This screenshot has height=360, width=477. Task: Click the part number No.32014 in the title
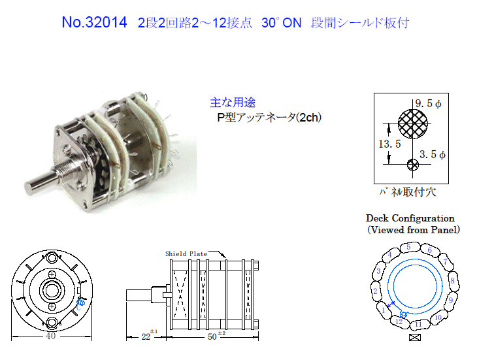[x=94, y=22]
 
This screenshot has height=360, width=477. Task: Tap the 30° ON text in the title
[x=282, y=23]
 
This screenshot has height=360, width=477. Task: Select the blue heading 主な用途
[x=233, y=103]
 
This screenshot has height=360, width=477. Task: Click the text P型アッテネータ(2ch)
[x=269, y=118]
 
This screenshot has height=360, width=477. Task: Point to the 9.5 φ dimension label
[x=429, y=103]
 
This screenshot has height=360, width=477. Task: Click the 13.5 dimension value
[x=389, y=144]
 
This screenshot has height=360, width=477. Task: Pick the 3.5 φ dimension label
[x=433, y=154]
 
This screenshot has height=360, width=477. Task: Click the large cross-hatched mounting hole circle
[x=412, y=123]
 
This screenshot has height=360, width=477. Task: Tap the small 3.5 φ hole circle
[x=413, y=165]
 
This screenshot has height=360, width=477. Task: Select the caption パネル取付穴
[x=408, y=192]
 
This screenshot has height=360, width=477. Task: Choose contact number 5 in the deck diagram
[x=408, y=247]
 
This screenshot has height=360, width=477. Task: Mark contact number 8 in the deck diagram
[x=452, y=280]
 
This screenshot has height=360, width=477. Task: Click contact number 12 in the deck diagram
[x=399, y=321]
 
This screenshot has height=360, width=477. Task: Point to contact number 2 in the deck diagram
[x=376, y=291]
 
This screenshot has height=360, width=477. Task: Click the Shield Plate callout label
[x=186, y=254]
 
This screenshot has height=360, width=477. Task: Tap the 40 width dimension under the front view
[x=51, y=336]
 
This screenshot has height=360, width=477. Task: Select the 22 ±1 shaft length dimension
[x=149, y=335]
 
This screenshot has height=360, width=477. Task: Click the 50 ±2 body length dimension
[x=216, y=335]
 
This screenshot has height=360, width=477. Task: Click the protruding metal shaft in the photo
[x=41, y=182]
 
